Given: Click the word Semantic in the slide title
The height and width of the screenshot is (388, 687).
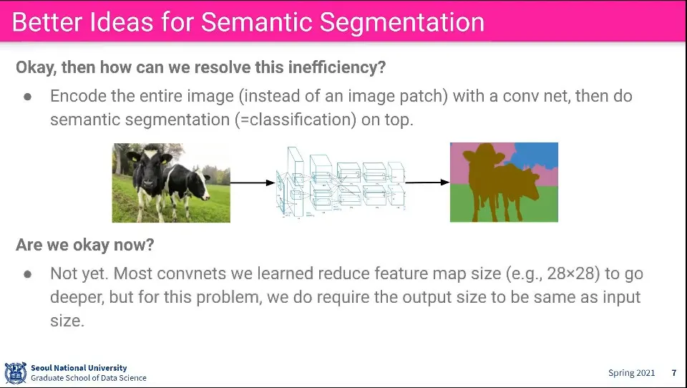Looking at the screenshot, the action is (257, 22).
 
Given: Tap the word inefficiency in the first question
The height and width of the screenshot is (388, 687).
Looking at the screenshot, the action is (336, 67).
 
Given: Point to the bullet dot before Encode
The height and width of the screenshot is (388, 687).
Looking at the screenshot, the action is (28, 97).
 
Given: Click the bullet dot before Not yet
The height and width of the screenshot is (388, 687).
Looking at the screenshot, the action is (28, 274).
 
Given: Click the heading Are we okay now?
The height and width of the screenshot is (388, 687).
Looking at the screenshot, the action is (85, 245).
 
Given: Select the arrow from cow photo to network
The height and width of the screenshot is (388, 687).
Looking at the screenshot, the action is (253, 183).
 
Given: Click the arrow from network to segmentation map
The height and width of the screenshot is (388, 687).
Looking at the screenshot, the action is (427, 182).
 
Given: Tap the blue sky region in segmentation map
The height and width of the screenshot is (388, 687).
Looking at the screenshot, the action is (537, 155).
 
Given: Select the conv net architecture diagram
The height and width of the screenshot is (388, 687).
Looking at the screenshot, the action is (340, 182).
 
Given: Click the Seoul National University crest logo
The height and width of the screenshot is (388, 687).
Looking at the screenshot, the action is (16, 373).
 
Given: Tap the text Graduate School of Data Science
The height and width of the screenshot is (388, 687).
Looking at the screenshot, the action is (89, 378).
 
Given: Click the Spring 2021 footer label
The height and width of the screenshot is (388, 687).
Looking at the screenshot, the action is (631, 373).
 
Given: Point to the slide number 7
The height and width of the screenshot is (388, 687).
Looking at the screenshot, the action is (674, 373).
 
